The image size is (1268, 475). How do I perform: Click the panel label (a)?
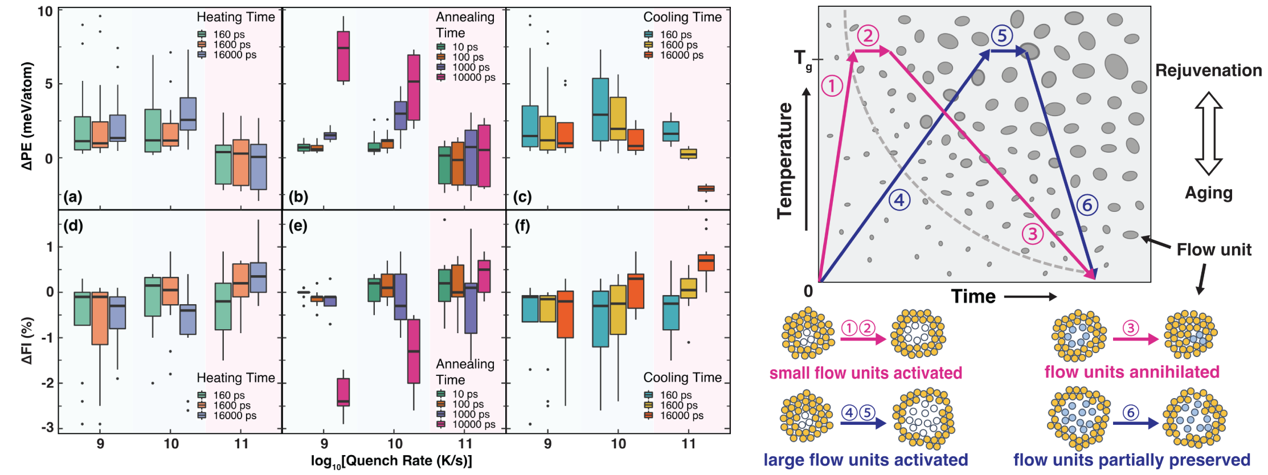tap(73, 197)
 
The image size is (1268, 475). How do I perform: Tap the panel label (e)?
tap(298, 226)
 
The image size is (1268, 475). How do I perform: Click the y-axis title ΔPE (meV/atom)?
tap(27, 116)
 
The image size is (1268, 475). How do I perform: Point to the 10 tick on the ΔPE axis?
tap(46, 11)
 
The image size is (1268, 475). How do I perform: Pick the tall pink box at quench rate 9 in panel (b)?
tap(343, 56)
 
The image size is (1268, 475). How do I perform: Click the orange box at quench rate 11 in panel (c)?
tap(706, 189)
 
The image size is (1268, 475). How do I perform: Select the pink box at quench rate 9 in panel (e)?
tap(343, 392)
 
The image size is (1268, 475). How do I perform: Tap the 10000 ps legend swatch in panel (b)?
tap(441, 77)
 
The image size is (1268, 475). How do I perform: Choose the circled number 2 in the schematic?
tap(868, 36)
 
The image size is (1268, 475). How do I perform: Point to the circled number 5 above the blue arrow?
tap(1001, 35)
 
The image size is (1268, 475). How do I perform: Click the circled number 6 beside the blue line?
tap(1087, 204)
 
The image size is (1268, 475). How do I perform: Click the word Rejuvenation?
tap(1208, 71)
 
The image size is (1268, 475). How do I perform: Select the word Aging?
tap(1208, 193)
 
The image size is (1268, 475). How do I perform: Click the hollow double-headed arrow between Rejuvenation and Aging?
tap(1208, 133)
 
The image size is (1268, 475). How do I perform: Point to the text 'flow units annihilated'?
tap(1131, 372)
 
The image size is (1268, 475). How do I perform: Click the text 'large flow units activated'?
tap(865, 460)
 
